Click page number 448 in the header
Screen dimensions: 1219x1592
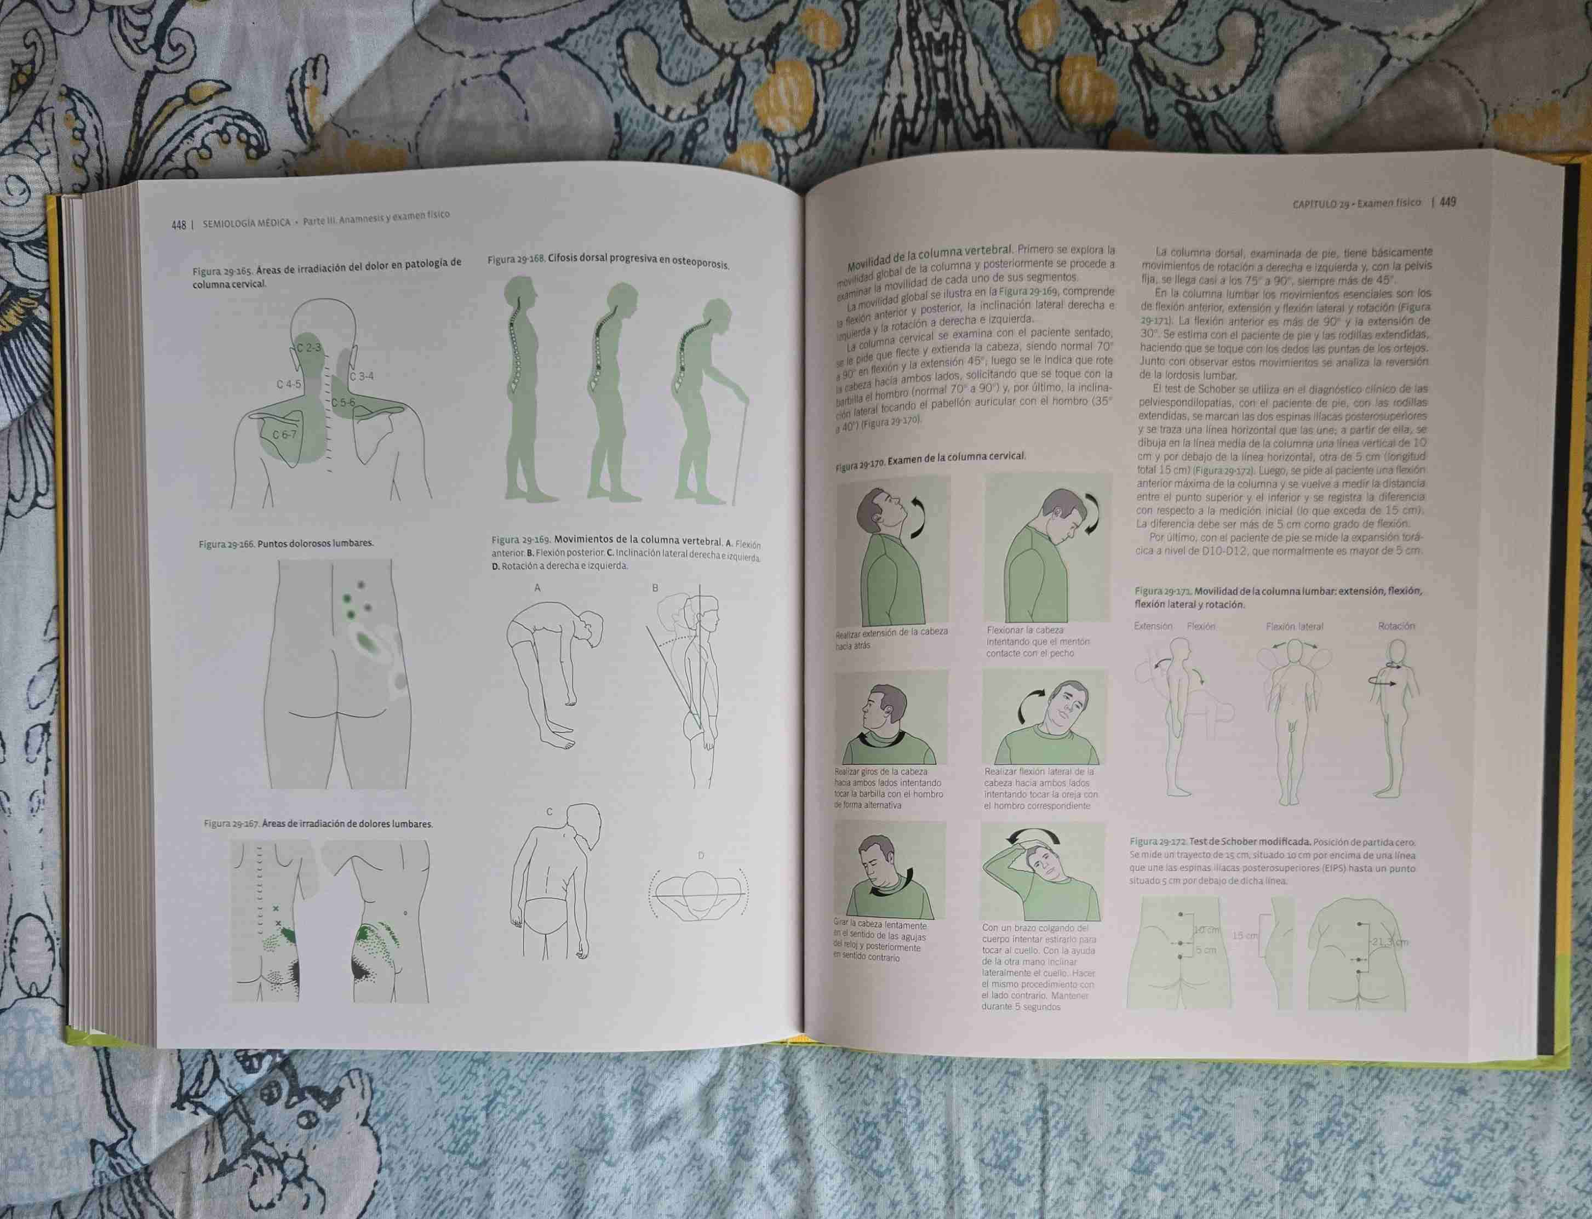(x=179, y=225)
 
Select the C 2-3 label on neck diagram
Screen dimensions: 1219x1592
(x=308, y=348)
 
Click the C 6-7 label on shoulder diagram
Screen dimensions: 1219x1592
(x=284, y=434)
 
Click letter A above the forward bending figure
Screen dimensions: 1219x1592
(x=537, y=588)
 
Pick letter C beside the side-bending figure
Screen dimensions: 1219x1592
(x=550, y=812)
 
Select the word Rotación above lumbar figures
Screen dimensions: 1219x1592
(x=1395, y=626)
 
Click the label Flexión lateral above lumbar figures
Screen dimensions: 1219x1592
(x=1295, y=626)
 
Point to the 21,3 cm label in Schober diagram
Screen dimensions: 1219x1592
(x=1389, y=942)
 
